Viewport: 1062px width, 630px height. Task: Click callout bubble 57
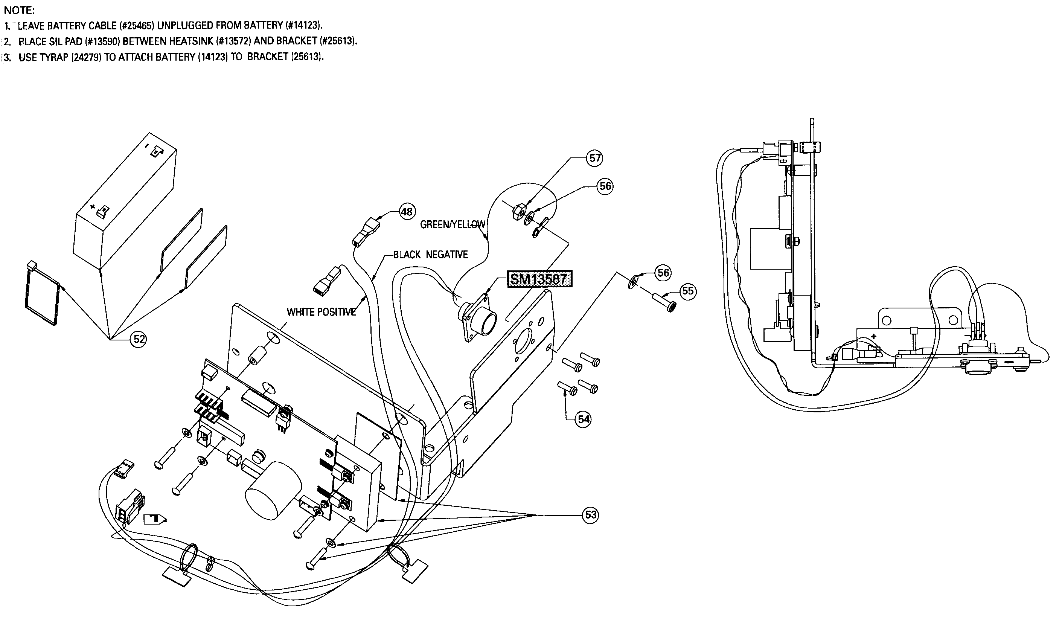click(x=595, y=158)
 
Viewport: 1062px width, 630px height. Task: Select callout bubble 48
click(x=407, y=211)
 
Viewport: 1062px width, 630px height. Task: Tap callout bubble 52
click(x=139, y=339)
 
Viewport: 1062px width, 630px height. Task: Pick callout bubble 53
click(x=591, y=515)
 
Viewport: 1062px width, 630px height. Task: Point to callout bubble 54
click(x=584, y=419)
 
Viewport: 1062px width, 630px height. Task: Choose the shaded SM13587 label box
click(x=539, y=279)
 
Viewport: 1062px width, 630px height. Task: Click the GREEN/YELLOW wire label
click(x=452, y=224)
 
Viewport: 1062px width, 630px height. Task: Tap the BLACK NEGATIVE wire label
click(x=430, y=255)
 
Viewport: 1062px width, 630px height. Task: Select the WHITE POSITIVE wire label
click(x=321, y=312)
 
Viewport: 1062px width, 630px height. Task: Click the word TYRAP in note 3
click(x=53, y=57)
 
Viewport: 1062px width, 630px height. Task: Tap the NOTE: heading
click(x=19, y=10)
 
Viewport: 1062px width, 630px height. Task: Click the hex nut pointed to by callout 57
click(x=518, y=211)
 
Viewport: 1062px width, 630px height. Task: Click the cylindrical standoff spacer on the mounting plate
click(x=258, y=356)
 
